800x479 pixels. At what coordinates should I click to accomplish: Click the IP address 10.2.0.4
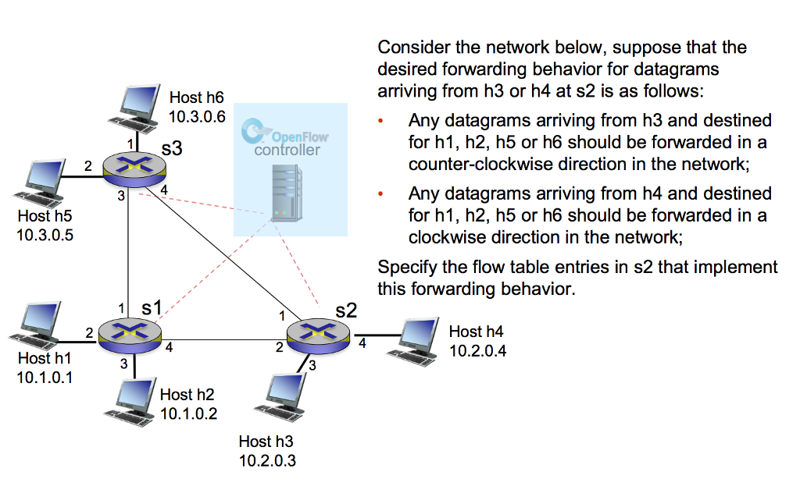[x=478, y=351]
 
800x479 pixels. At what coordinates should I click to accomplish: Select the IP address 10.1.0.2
[x=188, y=413]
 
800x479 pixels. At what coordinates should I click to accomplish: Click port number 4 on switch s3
[x=164, y=190]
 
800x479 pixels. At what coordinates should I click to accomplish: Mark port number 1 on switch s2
[x=282, y=316]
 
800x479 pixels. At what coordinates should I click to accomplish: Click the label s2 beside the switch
[x=345, y=310]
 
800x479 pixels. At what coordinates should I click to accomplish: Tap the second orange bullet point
[x=381, y=194]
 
